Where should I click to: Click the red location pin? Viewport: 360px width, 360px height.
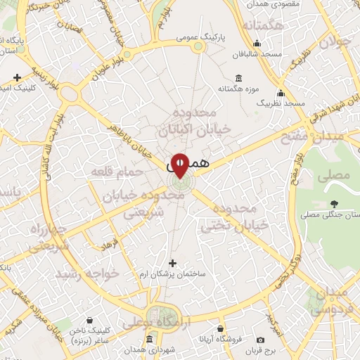click(x=180, y=165)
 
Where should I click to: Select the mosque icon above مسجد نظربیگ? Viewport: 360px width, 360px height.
click(x=281, y=93)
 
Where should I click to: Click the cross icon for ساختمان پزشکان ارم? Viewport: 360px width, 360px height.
click(x=172, y=263)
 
